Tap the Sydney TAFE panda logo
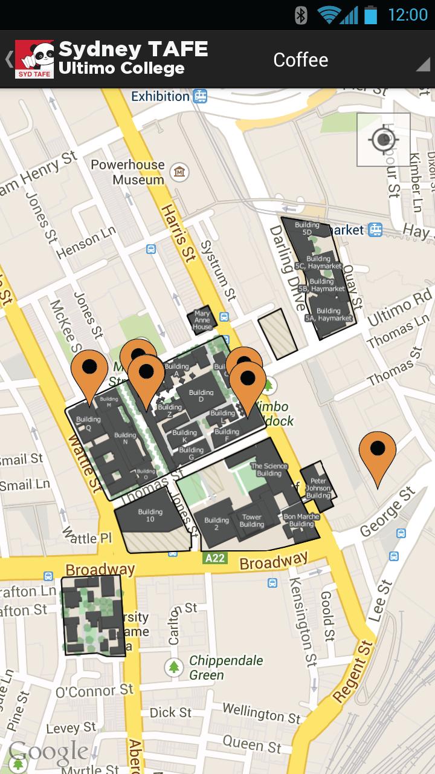tap(34, 59)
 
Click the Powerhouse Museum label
tap(127, 172)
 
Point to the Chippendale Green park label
tap(226, 668)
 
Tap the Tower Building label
tap(252, 521)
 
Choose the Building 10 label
tap(150, 516)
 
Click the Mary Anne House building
tap(202, 320)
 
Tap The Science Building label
tap(269, 469)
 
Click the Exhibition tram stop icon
tap(201, 96)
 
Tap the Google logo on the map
tap(48, 752)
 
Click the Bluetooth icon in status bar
tap(301, 15)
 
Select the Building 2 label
tap(216, 524)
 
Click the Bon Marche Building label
tap(299, 520)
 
